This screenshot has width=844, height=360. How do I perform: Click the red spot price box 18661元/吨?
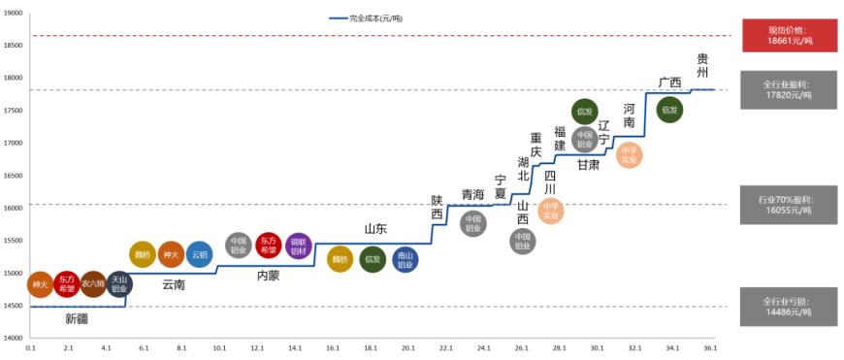click(789, 35)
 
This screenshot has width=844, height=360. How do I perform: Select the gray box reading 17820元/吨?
click(789, 89)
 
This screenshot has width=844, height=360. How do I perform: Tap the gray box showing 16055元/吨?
click(789, 204)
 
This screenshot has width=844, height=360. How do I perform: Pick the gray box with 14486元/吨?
click(789, 306)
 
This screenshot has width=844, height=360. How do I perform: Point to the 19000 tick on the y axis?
click(14, 13)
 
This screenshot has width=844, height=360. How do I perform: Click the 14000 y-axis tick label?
click(14, 338)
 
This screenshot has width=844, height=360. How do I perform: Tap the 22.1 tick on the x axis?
click(446, 347)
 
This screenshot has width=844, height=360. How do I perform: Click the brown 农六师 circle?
click(93, 284)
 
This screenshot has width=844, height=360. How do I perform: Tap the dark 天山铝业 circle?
click(119, 284)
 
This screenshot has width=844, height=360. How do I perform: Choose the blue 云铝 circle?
click(199, 254)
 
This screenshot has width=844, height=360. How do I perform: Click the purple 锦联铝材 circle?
click(298, 245)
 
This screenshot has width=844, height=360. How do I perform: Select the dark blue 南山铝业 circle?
click(406, 259)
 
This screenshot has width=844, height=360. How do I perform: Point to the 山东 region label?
click(375, 229)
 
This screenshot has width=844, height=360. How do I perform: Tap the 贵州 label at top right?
click(702, 65)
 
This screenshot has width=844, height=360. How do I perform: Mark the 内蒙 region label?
click(268, 276)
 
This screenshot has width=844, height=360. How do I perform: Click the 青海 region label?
click(472, 194)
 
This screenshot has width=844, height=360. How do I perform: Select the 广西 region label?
click(669, 82)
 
